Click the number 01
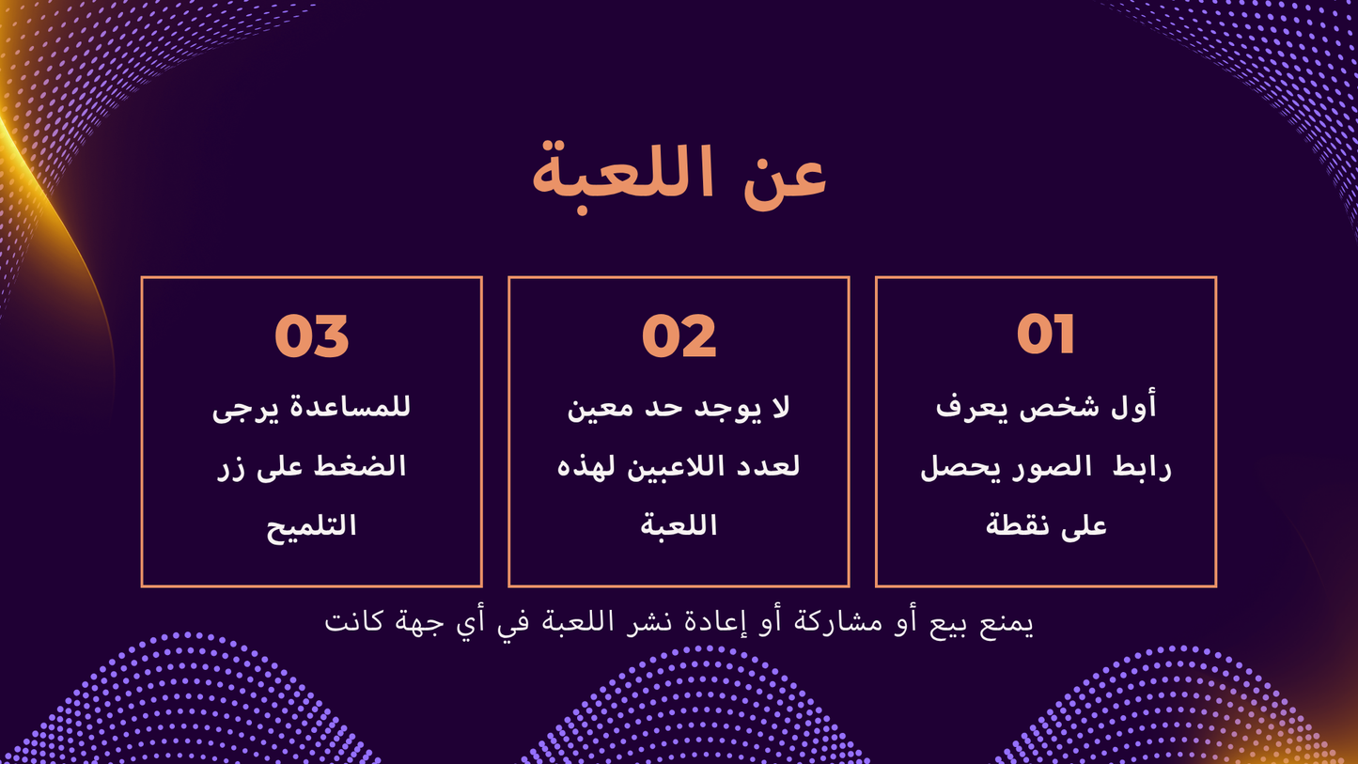click(x=1045, y=335)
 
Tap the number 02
click(x=679, y=335)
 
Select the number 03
click(x=311, y=335)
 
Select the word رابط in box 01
click(x=1142, y=467)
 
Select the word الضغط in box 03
click(x=364, y=467)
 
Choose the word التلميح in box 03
click(x=311, y=525)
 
